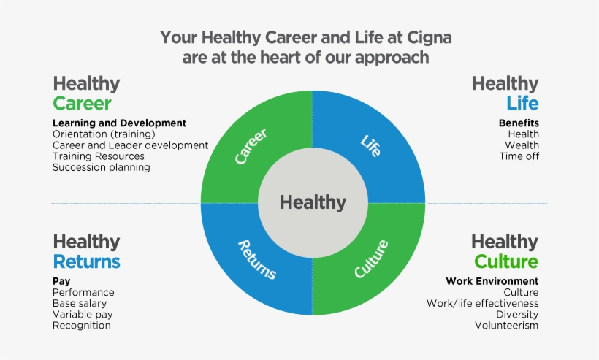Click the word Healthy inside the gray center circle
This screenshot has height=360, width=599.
coord(313,202)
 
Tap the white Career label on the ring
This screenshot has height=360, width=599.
coord(251,146)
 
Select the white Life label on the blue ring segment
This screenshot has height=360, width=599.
coord(371,142)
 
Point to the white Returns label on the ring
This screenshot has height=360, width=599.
coord(257,260)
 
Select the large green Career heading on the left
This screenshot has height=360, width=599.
coord(82,103)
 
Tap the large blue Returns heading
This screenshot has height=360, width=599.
coord(86,261)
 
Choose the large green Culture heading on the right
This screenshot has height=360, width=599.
coord(505,261)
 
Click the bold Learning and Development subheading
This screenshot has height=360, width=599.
coord(119,123)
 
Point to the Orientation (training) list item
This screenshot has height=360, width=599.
coord(104,134)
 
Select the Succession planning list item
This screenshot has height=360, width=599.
coord(101,167)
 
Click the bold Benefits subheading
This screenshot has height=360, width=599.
coord(519,123)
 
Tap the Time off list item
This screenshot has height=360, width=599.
coord(519,156)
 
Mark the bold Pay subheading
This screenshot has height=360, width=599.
coord(61,281)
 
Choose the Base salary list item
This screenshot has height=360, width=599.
coord(80,303)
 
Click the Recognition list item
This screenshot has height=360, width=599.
coord(82,325)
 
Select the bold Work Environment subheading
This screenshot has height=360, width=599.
coord(492,281)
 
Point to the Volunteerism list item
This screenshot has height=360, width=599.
coord(505,325)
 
